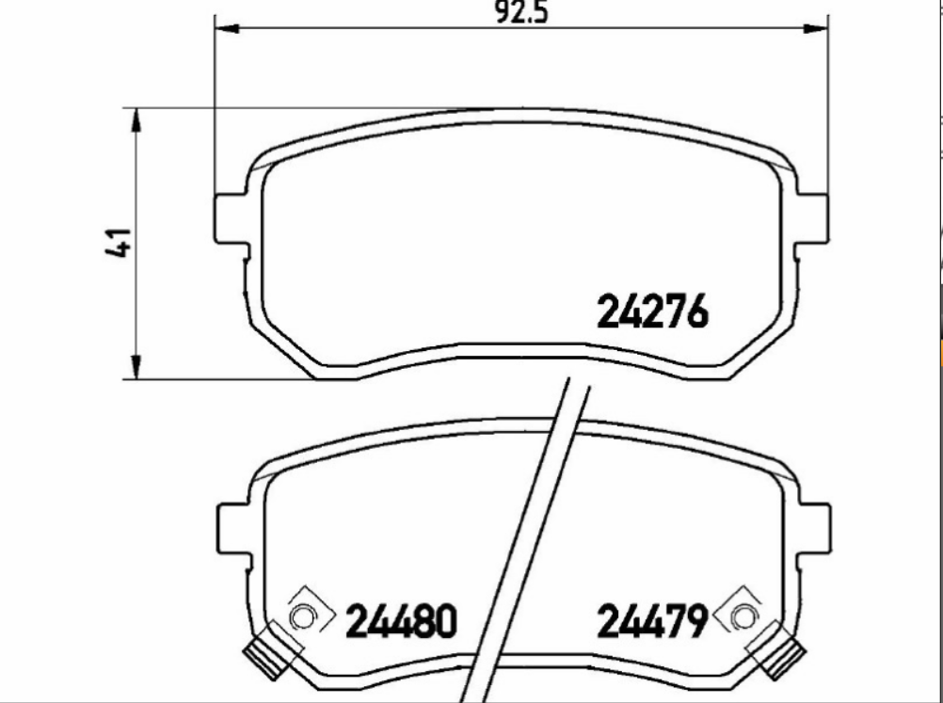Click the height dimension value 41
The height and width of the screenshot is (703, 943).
click(118, 242)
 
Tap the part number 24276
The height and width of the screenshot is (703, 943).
click(652, 312)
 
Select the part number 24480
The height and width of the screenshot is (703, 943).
click(402, 621)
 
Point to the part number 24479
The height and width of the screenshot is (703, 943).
click(652, 621)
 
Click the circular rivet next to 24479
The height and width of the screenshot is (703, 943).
click(743, 617)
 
